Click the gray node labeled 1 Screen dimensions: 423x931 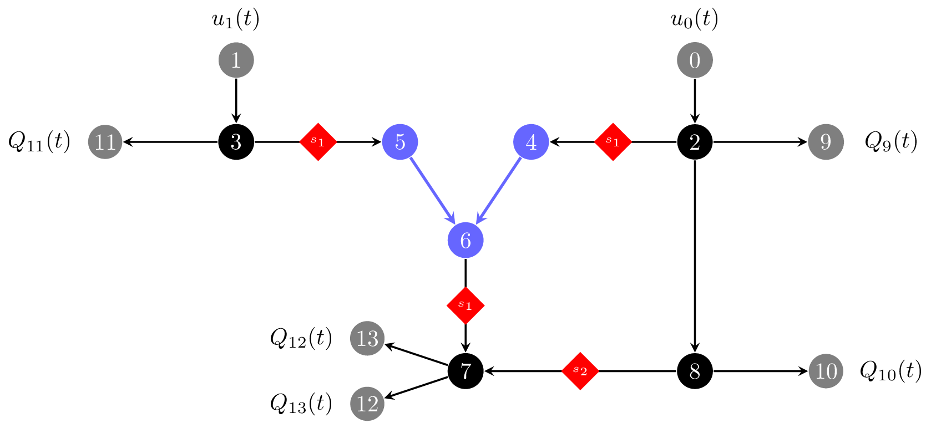[236, 60]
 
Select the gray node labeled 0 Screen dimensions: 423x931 [695, 60]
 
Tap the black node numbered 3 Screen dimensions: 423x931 [236, 142]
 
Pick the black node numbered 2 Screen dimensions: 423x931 [695, 142]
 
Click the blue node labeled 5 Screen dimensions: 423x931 [400, 142]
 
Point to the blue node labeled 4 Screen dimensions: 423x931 [531, 142]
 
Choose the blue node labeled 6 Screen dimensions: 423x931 [465, 240]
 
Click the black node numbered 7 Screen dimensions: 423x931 [465, 371]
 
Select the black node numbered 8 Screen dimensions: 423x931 [695, 371]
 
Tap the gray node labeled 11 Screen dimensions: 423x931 [105, 142]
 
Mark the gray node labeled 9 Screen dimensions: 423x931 [826, 142]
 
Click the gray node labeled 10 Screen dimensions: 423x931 [826, 371]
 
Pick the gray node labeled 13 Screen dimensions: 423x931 [367, 338]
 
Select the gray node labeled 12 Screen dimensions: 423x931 [367, 404]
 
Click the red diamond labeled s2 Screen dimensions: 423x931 [580, 371]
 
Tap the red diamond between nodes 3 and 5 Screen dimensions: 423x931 [318, 142]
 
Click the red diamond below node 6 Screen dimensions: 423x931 [465, 305]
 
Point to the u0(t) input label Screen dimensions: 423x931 [695, 19]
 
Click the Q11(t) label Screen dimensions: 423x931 [39, 142]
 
